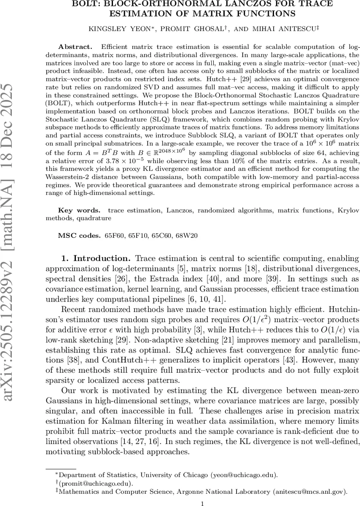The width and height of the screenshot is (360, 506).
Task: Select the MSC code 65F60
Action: [113, 235]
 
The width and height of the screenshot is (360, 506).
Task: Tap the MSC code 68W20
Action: [188, 235]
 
